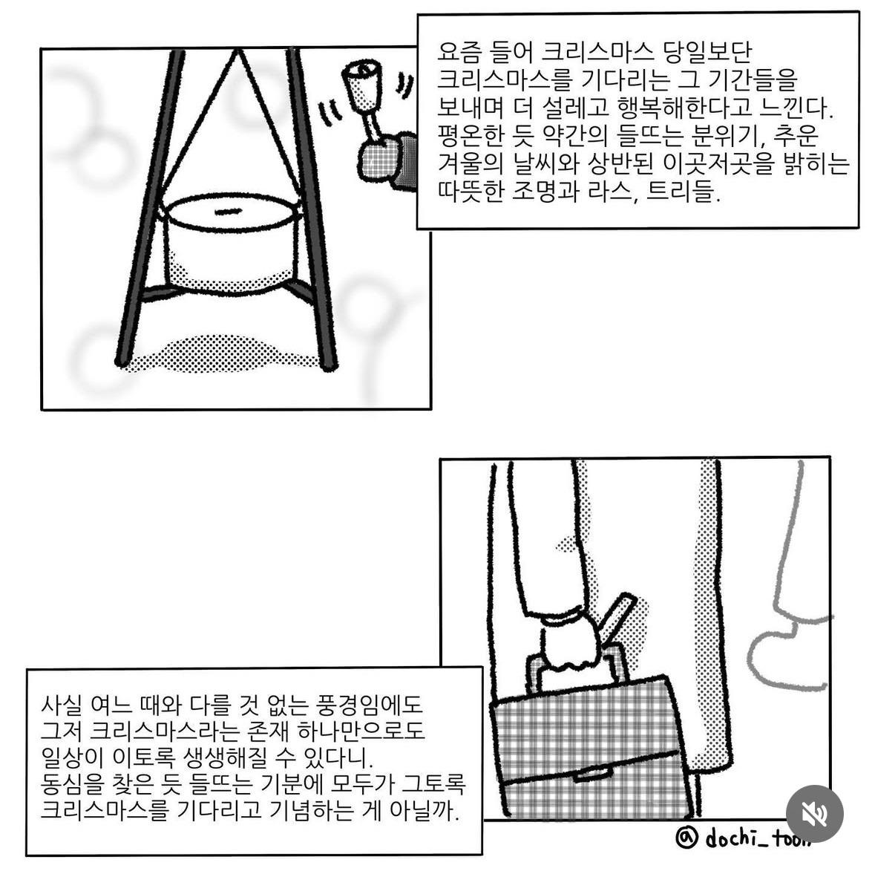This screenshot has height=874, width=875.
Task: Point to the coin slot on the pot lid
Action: click(228, 211)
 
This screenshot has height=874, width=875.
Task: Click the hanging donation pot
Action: click(231, 244)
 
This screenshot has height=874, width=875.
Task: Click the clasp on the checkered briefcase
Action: click(593, 774)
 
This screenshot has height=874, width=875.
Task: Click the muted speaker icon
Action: click(814, 814)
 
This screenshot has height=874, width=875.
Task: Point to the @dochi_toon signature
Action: click(742, 838)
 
